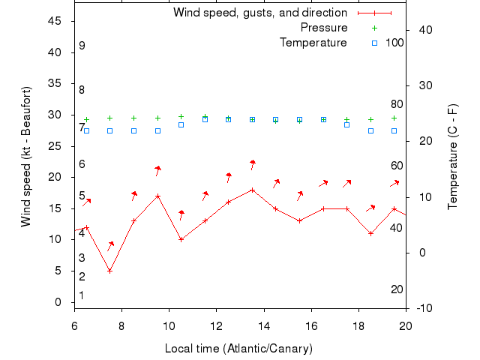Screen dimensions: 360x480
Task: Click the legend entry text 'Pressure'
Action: pyautogui.click(x=323, y=28)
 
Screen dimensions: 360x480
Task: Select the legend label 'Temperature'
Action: pyautogui.click(x=313, y=43)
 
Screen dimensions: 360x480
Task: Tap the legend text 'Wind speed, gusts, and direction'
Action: pyautogui.click(x=259, y=13)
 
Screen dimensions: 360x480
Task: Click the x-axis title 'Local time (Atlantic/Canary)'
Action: pyautogui.click(x=238, y=349)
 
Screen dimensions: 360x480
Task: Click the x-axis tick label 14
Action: pyautogui.click(x=264, y=325)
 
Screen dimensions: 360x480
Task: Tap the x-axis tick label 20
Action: pyautogui.click(x=406, y=325)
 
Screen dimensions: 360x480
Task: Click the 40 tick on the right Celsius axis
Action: pyautogui.click(x=424, y=29)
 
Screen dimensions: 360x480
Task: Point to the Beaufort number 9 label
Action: pyautogui.click(x=82, y=46)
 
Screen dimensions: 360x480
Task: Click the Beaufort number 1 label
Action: pyautogui.click(x=82, y=295)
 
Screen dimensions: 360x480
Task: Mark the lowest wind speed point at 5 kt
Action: pyautogui.click(x=110, y=271)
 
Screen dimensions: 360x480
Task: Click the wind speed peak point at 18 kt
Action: pyautogui.click(x=253, y=190)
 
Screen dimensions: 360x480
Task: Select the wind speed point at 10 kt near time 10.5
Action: pyautogui.click(x=181, y=239)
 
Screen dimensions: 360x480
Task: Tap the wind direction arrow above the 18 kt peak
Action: pyautogui.click(x=253, y=164)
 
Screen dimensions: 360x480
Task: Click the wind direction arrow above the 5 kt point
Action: pyautogui.click(x=110, y=245)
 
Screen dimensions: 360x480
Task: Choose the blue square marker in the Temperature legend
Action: pyautogui.click(x=374, y=43)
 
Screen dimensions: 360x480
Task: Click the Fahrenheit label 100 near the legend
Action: pyautogui.click(x=394, y=43)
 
